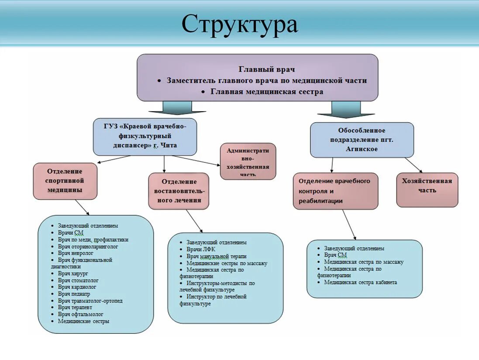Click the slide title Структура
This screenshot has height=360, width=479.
(x=240, y=24)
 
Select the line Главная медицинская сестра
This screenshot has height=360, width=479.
(x=267, y=92)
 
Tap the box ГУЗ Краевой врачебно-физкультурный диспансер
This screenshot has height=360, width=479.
(x=145, y=136)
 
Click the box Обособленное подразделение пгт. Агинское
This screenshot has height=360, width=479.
(x=362, y=140)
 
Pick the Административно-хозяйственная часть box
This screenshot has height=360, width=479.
(x=248, y=161)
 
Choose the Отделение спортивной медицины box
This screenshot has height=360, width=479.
(x=65, y=181)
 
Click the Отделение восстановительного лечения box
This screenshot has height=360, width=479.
(x=179, y=191)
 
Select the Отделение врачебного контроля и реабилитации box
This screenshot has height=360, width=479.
(x=335, y=191)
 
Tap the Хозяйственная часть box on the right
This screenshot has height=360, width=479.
(x=427, y=190)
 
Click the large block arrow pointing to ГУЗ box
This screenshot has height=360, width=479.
(x=177, y=108)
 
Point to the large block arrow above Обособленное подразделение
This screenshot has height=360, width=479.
(x=346, y=110)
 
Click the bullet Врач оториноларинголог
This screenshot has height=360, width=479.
(x=88, y=247)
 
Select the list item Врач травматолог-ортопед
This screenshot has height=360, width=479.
(x=90, y=301)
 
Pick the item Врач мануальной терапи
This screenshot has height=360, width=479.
(x=216, y=256)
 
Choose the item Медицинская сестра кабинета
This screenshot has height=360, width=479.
(x=360, y=282)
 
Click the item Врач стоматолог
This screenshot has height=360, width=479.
(x=78, y=281)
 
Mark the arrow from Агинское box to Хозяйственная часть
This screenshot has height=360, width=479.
(x=413, y=165)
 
